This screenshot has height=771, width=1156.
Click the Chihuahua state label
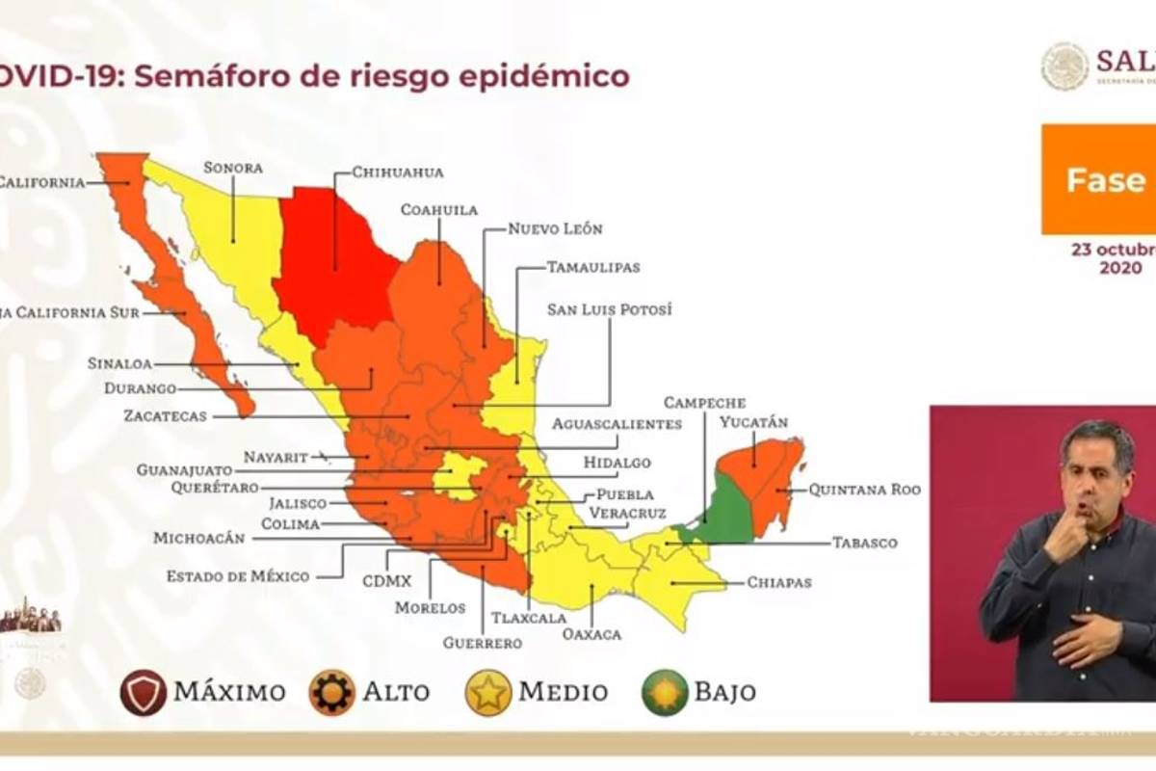[397, 173]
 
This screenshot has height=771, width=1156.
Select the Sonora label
[232, 168]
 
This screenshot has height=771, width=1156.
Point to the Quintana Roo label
[864, 490]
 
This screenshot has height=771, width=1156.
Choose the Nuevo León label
[555, 228]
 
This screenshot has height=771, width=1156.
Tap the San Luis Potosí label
[609, 309]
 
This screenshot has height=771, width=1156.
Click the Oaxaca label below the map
[592, 634]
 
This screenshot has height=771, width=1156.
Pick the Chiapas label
[778, 582]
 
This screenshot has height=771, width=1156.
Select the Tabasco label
[864, 543]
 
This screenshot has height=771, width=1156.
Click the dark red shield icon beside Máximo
[144, 692]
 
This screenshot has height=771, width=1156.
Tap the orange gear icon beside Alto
[331, 692]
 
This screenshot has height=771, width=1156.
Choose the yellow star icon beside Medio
[488, 692]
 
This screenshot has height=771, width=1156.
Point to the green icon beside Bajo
[665, 692]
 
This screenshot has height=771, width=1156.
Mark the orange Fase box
[1098, 179]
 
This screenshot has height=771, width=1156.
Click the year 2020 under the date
[1120, 268]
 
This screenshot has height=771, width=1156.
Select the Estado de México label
[237, 576]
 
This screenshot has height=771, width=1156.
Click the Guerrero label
[482, 643]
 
